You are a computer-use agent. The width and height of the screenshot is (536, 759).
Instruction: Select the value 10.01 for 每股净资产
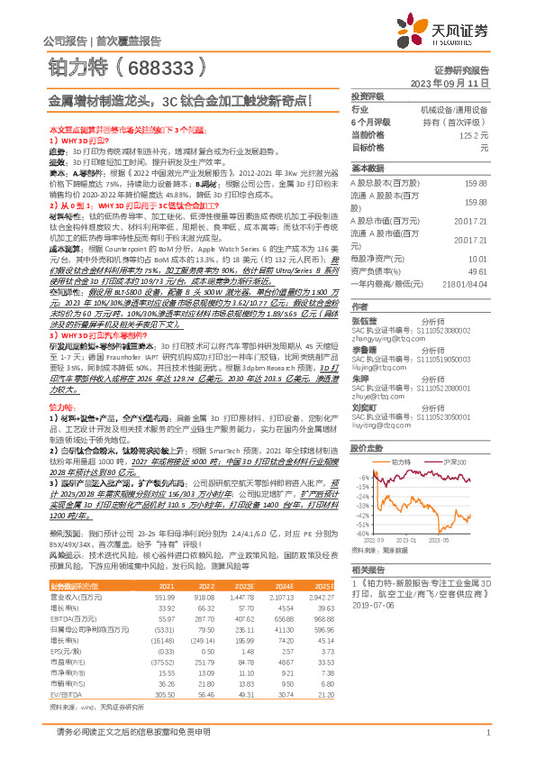478,256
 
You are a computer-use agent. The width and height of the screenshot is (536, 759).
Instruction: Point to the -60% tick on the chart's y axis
363,533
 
